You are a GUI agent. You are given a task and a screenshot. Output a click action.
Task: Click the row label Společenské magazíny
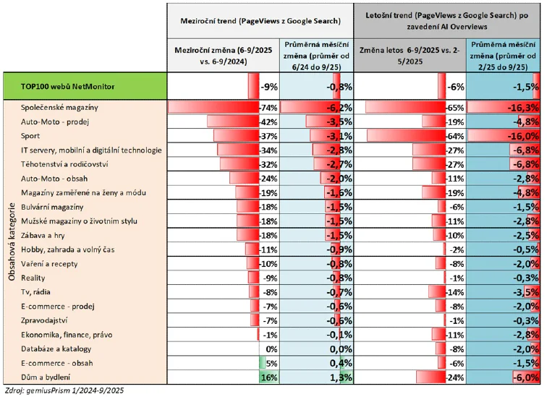click(x=58, y=108)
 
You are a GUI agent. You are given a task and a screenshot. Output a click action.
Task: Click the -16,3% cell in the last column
click(x=521, y=108)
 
